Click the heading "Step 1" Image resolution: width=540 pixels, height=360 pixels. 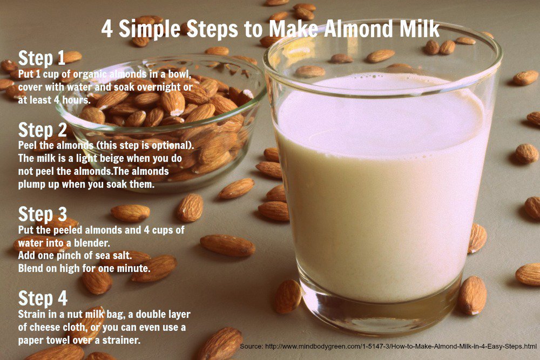(x=42, y=58)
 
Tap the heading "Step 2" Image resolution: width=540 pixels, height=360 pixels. (x=42, y=130)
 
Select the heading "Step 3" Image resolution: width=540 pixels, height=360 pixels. (x=42, y=214)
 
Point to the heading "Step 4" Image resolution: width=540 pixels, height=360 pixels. (x=43, y=298)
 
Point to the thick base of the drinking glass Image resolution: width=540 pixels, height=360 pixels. (x=381, y=311)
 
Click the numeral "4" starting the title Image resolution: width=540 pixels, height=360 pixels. (x=107, y=29)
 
